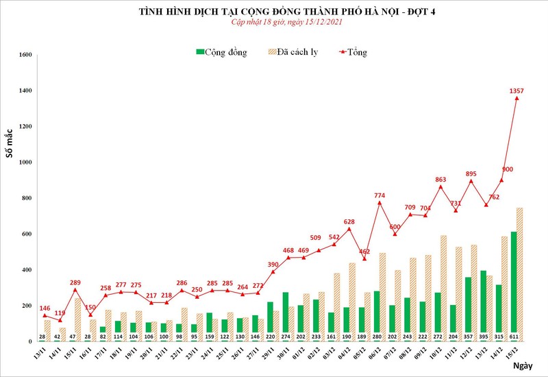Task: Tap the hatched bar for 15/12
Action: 520,274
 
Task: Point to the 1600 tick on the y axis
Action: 25,55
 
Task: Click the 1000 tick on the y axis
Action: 25,162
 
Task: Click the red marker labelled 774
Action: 379,203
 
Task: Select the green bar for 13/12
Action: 484,306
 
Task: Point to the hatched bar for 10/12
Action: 445,289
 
